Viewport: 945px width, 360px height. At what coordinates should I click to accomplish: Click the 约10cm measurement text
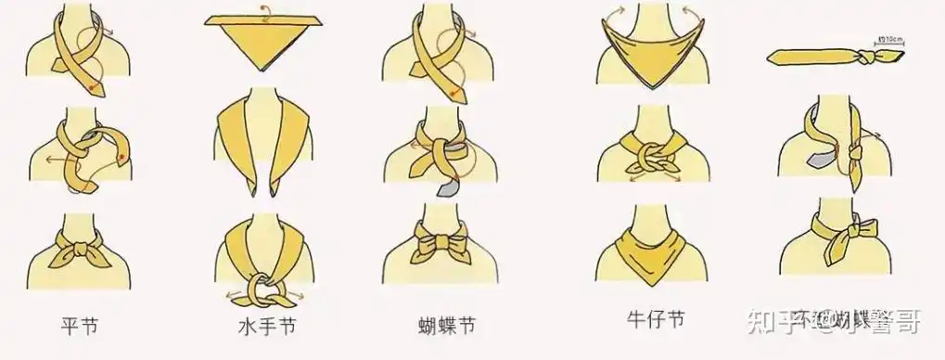(889, 40)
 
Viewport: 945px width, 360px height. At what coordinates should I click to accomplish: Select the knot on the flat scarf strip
(861, 58)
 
